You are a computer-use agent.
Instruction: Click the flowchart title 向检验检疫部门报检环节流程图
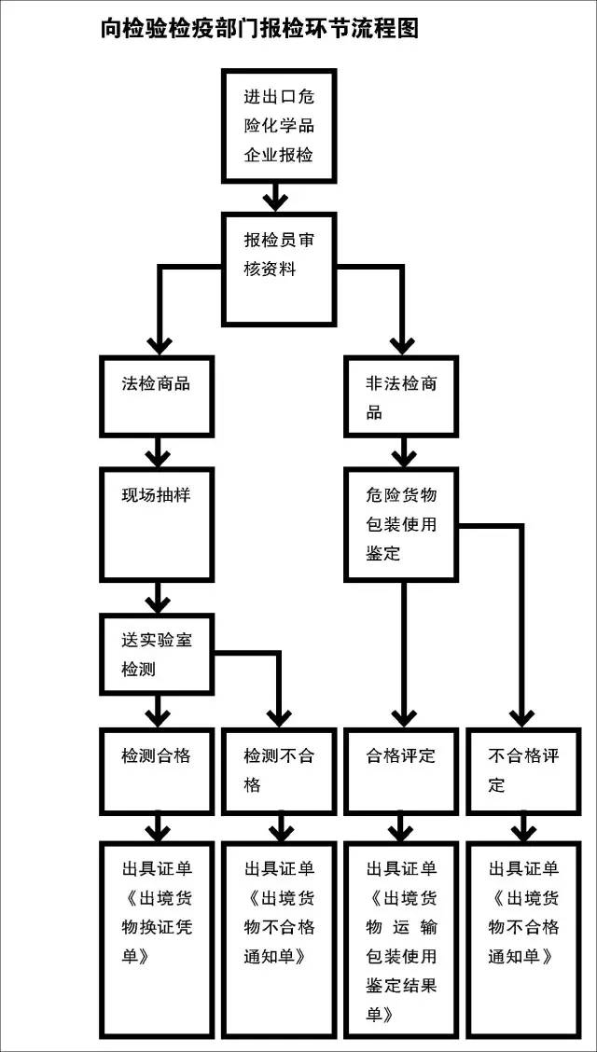pyautogui.click(x=259, y=29)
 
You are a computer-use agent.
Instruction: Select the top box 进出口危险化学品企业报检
pyautogui.click(x=278, y=125)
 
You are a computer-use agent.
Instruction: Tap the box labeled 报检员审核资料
pyautogui.click(x=278, y=269)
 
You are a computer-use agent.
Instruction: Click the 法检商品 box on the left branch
pyautogui.click(x=158, y=395)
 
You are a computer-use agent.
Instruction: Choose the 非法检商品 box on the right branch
pyautogui.click(x=401, y=395)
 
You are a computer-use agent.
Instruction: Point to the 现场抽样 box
pyautogui.click(x=158, y=523)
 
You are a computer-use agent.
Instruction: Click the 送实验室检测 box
pyautogui.click(x=158, y=654)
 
